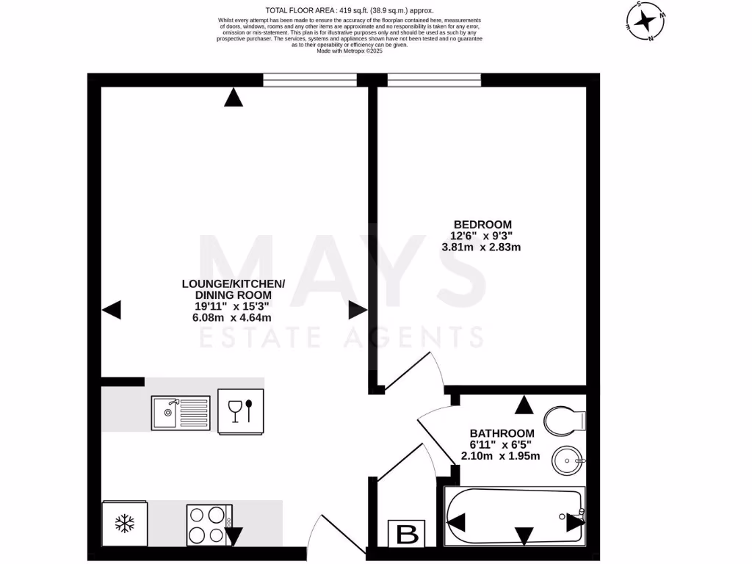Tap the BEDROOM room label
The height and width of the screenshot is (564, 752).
(x=482, y=225)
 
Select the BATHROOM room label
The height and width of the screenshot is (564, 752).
(x=502, y=433)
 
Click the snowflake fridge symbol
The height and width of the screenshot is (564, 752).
(x=126, y=524)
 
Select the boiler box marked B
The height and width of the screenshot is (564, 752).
(x=406, y=534)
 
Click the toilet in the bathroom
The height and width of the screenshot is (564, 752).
(x=565, y=421)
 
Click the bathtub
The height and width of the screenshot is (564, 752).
(x=514, y=517)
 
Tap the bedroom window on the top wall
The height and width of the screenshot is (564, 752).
(x=434, y=80)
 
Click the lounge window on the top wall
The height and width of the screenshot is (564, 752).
(x=310, y=80)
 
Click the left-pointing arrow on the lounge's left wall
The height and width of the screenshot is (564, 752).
(x=111, y=311)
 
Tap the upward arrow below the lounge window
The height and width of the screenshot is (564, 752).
(x=234, y=98)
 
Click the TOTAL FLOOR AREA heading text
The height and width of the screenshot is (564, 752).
(x=349, y=10)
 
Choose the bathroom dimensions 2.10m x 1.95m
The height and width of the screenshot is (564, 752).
(x=500, y=456)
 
